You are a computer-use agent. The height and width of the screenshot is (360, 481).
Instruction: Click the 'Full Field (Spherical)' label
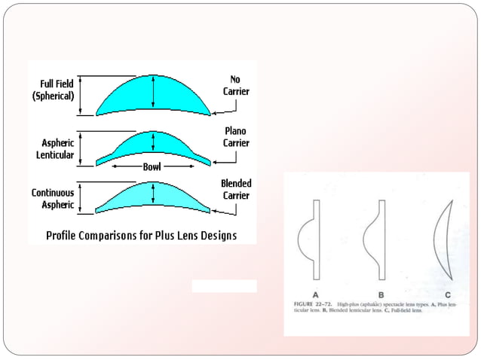pyautogui.click(x=52, y=90)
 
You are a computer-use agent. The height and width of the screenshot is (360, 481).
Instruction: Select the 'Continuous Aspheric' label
pyautogui.click(x=52, y=198)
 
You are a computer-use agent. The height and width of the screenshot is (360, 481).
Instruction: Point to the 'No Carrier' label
pyautogui.click(x=235, y=85)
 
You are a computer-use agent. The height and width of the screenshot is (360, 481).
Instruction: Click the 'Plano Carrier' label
pyautogui.click(x=235, y=137)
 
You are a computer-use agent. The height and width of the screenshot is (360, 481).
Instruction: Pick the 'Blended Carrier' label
pyautogui.click(x=235, y=189)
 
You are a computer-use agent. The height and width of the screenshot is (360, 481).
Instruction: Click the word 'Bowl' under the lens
pyautogui.click(x=152, y=166)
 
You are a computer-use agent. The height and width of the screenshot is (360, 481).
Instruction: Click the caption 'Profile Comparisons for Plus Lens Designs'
pyautogui.click(x=142, y=236)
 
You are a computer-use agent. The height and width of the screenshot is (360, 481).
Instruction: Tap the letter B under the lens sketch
pyautogui.click(x=381, y=294)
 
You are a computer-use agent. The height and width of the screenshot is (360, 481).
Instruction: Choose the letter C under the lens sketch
pyautogui.click(x=448, y=294)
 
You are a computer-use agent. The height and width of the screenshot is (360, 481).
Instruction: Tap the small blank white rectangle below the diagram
pyautogui.click(x=224, y=286)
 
